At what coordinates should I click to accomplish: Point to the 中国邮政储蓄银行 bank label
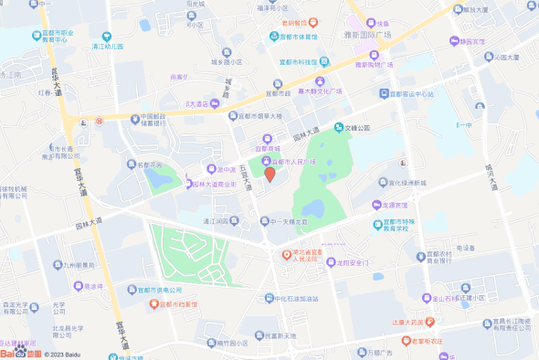[146, 122]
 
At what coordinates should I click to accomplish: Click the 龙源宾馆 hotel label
[395, 206]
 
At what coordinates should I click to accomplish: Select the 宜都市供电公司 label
[152, 290]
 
